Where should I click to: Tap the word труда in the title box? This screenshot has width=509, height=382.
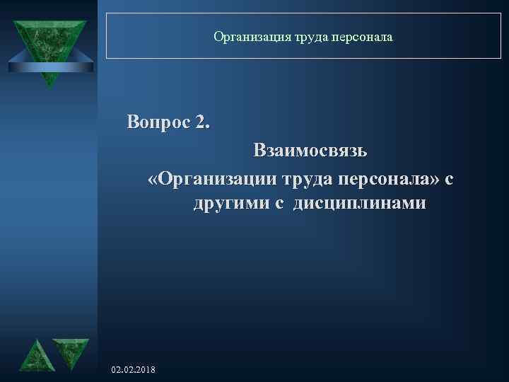pyautogui.click(x=296, y=35)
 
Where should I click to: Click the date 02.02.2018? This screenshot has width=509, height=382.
pyautogui.click(x=134, y=371)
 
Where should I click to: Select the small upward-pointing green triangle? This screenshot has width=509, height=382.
pyautogui.click(x=34, y=355)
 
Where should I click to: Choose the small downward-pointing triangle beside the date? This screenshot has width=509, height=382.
pyautogui.click(x=71, y=352)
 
